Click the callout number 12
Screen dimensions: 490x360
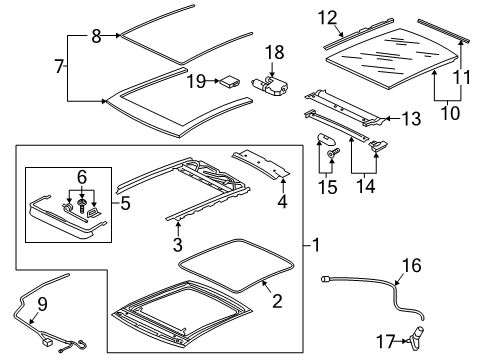coord(328,18)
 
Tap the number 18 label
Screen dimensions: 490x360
coord(275,53)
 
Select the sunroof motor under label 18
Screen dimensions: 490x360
coord(270,87)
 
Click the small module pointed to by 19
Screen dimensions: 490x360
coord(229,81)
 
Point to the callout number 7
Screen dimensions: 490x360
coord(59,66)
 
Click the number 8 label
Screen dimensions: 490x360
coord(96,36)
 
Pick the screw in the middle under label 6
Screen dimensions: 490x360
coord(81,207)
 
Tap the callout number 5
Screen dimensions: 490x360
coord(125,203)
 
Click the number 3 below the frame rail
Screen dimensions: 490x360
coord(178,244)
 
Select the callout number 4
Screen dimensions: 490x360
coord(282,202)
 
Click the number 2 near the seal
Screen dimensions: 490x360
coord(277,300)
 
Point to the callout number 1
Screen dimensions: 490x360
coord(316,246)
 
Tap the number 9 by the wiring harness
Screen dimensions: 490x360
coord(42,304)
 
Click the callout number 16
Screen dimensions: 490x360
coord(412,265)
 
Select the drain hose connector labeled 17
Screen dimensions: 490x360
coord(416,338)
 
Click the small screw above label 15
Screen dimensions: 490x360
coord(332,153)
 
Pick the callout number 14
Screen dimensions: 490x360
coord(366,186)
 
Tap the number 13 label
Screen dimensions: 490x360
coord(412,119)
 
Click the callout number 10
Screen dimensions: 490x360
coord(450,113)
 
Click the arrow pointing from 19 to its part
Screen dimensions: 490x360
coord(212,81)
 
